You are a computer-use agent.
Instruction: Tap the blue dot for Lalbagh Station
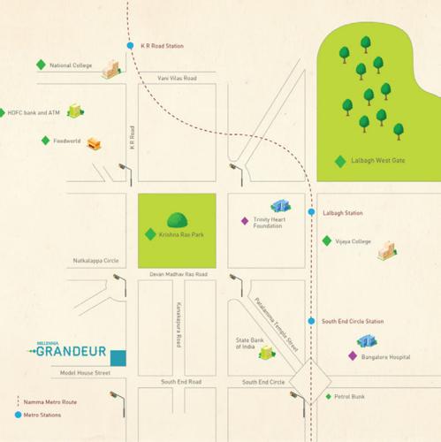(311, 213)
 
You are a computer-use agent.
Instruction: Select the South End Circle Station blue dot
(311, 321)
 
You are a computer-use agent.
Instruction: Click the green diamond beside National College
(40, 65)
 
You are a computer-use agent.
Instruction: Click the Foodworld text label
(68, 140)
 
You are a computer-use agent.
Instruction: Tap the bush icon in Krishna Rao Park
(178, 219)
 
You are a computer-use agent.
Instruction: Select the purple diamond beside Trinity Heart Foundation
(245, 221)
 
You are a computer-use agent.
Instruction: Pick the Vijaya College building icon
(385, 252)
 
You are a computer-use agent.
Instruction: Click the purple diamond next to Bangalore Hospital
(353, 355)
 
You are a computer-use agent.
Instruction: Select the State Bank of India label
(246, 343)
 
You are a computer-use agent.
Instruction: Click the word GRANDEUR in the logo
(75, 351)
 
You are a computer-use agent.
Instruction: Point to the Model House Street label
(80, 373)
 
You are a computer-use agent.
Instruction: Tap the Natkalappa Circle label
(95, 261)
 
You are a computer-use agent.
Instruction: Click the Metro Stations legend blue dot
(19, 415)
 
